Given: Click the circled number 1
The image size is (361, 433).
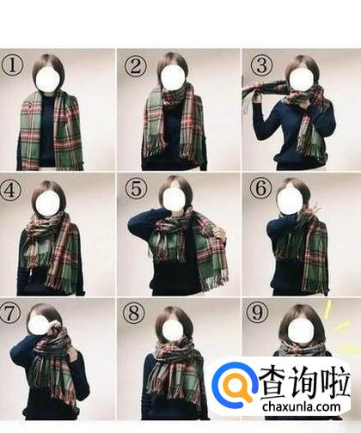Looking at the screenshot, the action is click(12, 66).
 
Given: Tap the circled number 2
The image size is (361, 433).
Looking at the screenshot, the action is click(135, 66).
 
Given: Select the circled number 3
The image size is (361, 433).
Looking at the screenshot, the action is click(260, 65).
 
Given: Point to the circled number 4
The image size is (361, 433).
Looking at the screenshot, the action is click(10, 190).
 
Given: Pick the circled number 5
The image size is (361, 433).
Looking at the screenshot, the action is click(136, 189).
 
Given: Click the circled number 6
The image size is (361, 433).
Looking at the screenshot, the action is click(260, 188).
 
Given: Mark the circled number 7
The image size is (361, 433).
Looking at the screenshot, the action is click(9, 313).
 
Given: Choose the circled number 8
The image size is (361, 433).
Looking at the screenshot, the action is click(133, 313).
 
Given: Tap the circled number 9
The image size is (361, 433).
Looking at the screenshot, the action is click(257, 312).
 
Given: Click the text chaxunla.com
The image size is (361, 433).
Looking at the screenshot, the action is click(302, 407).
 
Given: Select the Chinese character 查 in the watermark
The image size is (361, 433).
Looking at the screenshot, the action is click(274, 382).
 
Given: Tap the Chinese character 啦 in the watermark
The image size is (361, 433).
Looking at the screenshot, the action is click(335, 382).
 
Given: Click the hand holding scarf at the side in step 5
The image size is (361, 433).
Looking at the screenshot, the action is click(220, 234).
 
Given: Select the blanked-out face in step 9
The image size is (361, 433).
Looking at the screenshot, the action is click(299, 330).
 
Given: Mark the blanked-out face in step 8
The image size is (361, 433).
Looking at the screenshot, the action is click(173, 328).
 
